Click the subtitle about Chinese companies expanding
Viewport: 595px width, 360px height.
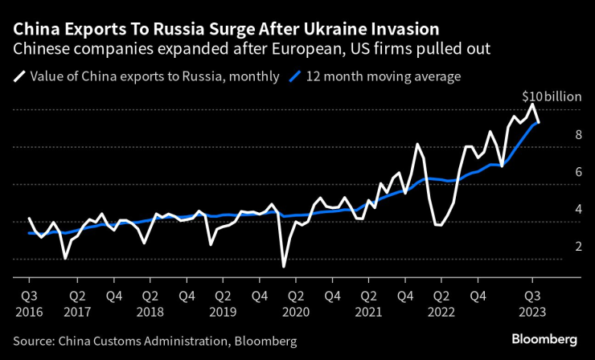[251, 49]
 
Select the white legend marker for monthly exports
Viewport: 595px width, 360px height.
[18, 77]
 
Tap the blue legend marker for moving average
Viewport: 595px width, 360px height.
[294, 77]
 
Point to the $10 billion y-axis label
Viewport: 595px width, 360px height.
[551, 96]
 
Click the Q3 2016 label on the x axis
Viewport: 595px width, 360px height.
[30, 301]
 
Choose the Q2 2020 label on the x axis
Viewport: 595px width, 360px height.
[297, 301]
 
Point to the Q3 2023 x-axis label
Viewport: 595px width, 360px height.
[535, 301]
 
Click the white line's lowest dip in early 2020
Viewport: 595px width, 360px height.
[284, 266]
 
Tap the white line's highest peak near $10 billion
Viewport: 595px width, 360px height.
[531, 104]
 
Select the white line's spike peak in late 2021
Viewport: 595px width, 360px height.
[418, 144]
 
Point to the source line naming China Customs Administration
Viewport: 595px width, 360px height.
[155, 342]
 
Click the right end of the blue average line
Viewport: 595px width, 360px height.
[538, 122]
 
